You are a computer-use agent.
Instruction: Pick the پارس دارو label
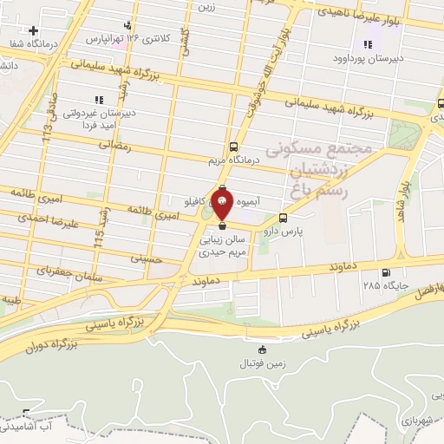283,232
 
